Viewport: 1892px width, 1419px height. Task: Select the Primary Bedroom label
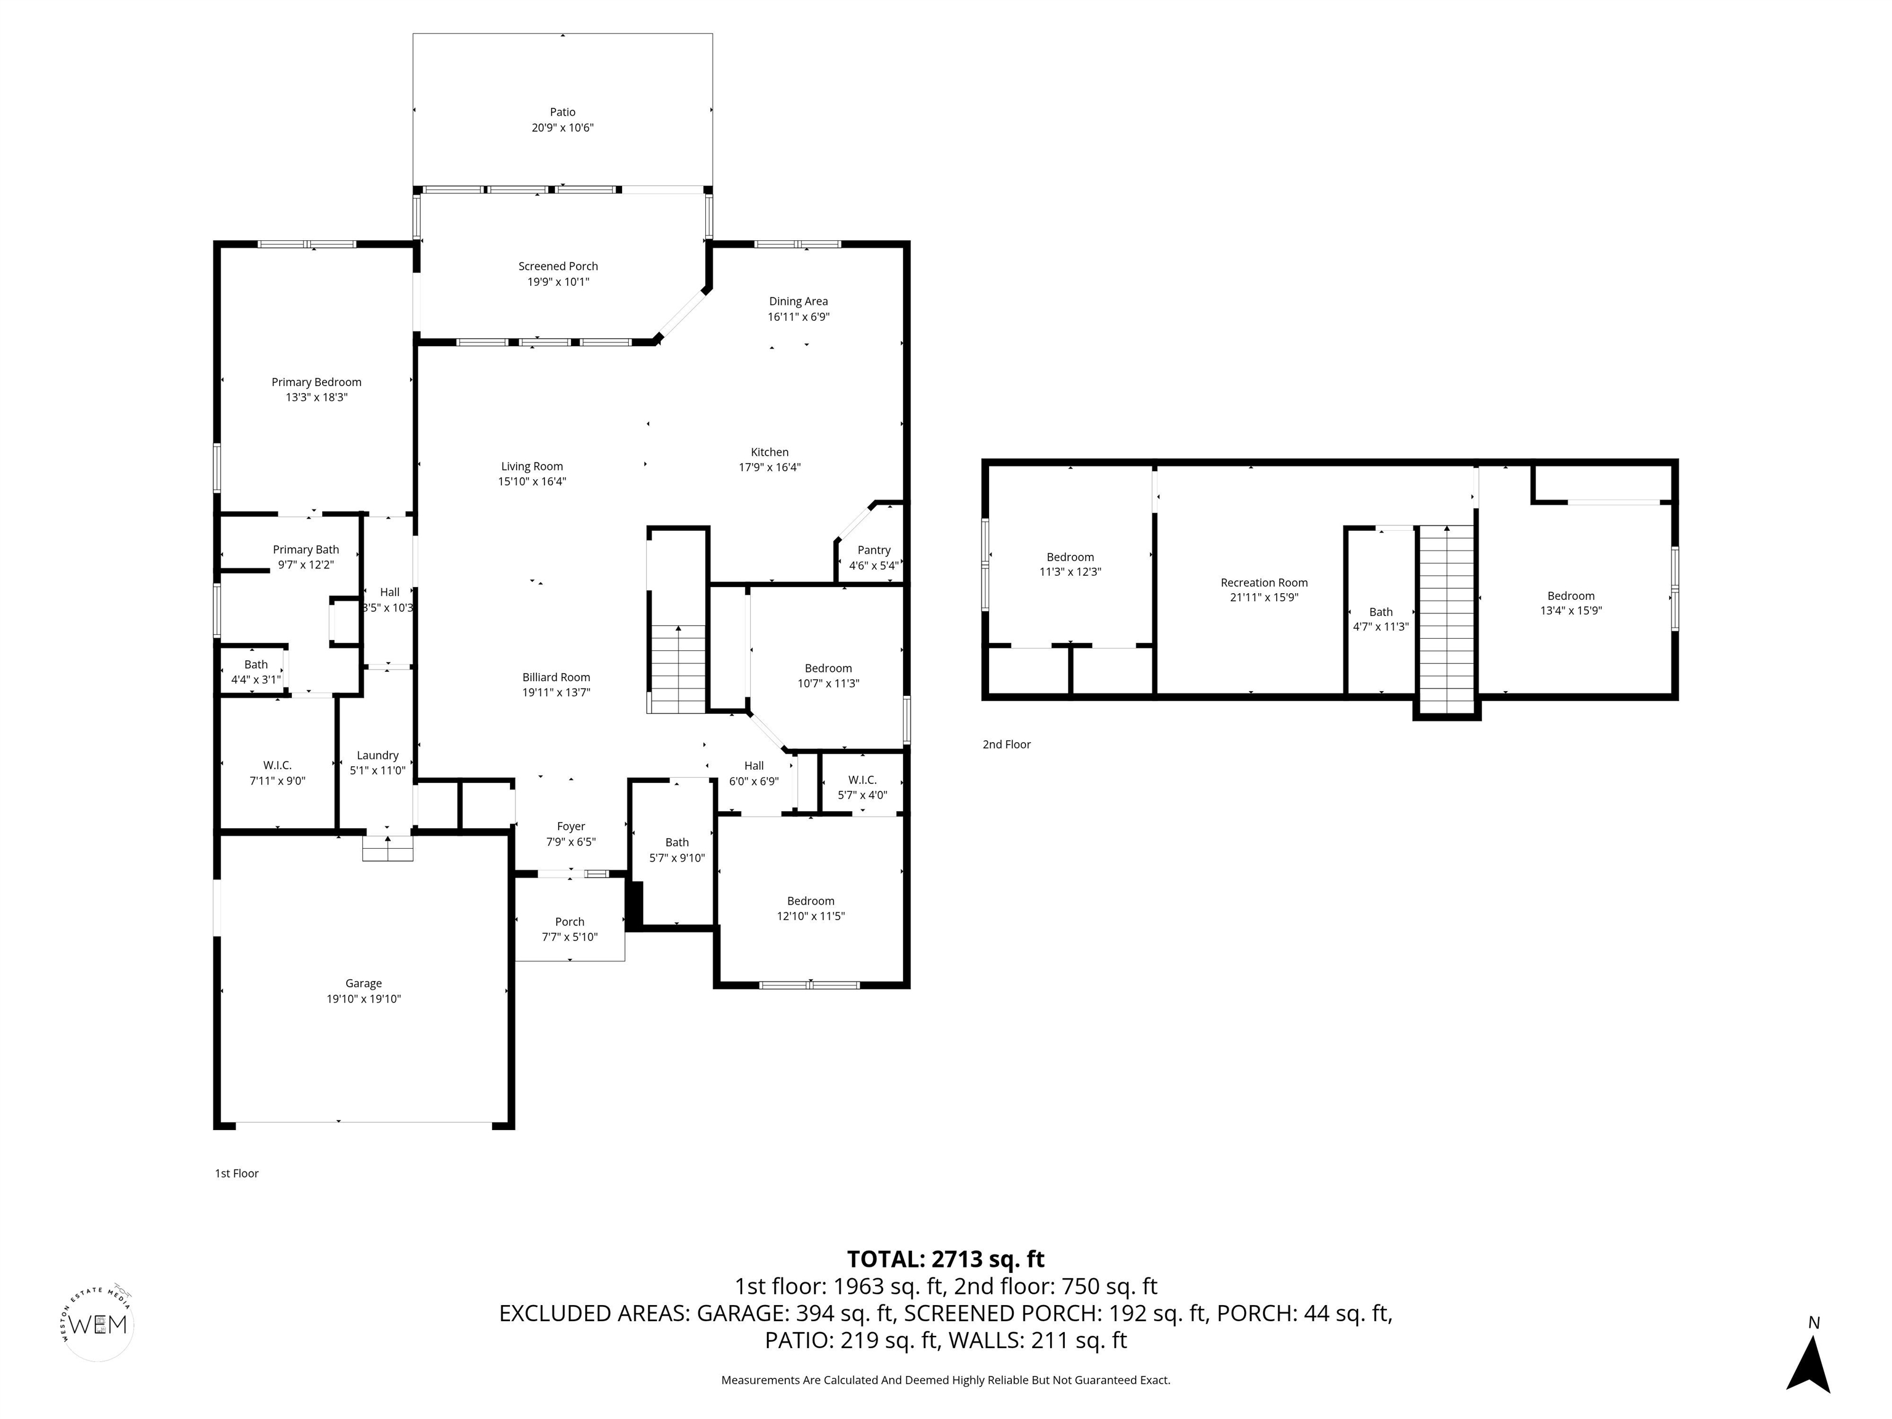click(x=317, y=382)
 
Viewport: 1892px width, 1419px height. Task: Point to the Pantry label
click(x=874, y=550)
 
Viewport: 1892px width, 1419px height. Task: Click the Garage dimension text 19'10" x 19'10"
click(x=363, y=999)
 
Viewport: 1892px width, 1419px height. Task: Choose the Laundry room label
click(x=377, y=755)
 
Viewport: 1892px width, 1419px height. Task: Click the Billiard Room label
click(x=556, y=677)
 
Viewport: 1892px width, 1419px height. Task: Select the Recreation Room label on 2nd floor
click(x=1264, y=583)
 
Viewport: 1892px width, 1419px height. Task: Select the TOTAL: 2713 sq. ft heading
click(x=945, y=1259)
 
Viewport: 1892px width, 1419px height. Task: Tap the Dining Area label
click(x=798, y=301)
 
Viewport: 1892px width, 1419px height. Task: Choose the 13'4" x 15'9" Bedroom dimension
click(x=1571, y=611)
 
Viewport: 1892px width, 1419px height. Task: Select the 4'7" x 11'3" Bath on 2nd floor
click(x=1381, y=626)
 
